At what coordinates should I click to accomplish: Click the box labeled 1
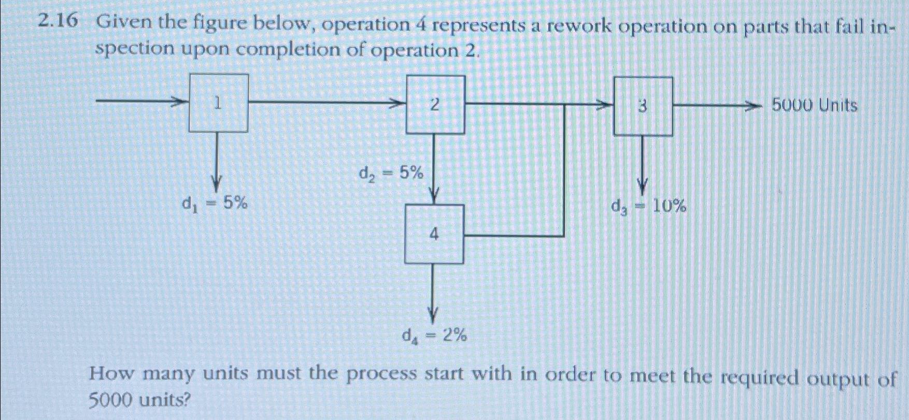(218, 103)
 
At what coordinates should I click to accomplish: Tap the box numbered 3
(643, 107)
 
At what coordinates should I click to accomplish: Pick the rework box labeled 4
(434, 234)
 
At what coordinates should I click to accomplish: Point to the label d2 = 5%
(391, 172)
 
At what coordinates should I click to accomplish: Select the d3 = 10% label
(648, 207)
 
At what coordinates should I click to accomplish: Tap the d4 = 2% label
(434, 337)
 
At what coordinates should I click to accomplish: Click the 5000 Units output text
(814, 106)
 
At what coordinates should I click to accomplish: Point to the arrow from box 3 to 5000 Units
(717, 106)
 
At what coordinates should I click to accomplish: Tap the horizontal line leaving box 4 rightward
(513, 236)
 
